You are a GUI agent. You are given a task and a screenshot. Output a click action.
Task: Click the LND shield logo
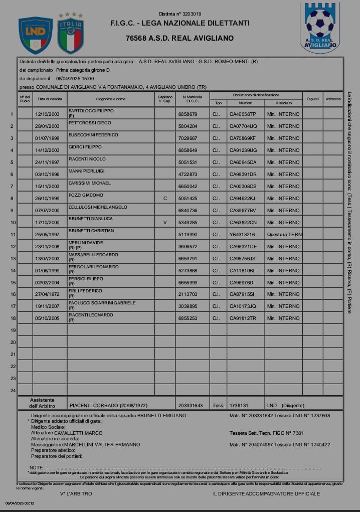pos(35,35)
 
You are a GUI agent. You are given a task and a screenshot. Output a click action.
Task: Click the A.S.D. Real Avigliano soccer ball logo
pos(320,28)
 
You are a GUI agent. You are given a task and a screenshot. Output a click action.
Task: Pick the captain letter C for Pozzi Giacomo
pos(164,198)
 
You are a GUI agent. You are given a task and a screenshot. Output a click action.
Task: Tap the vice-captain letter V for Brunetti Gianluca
pos(164,222)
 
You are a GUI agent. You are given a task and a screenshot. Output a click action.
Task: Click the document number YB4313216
pos(243,234)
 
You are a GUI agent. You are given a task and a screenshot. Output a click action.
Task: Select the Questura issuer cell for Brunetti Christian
pos(283,234)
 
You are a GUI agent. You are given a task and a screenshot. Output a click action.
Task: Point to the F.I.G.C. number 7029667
pos(188,138)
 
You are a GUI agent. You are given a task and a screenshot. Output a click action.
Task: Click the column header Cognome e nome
pos(111,99)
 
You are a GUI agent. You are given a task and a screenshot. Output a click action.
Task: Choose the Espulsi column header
pos(312,99)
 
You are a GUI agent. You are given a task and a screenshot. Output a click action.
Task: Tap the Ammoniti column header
pos(333,99)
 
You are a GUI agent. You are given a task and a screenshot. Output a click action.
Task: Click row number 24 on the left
pos(13,390)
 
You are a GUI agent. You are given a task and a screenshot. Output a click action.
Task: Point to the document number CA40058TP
pos(243,114)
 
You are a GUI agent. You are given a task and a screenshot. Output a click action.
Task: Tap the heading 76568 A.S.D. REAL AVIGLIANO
pos(179,38)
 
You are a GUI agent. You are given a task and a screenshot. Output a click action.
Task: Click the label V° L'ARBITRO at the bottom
pos(76,494)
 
